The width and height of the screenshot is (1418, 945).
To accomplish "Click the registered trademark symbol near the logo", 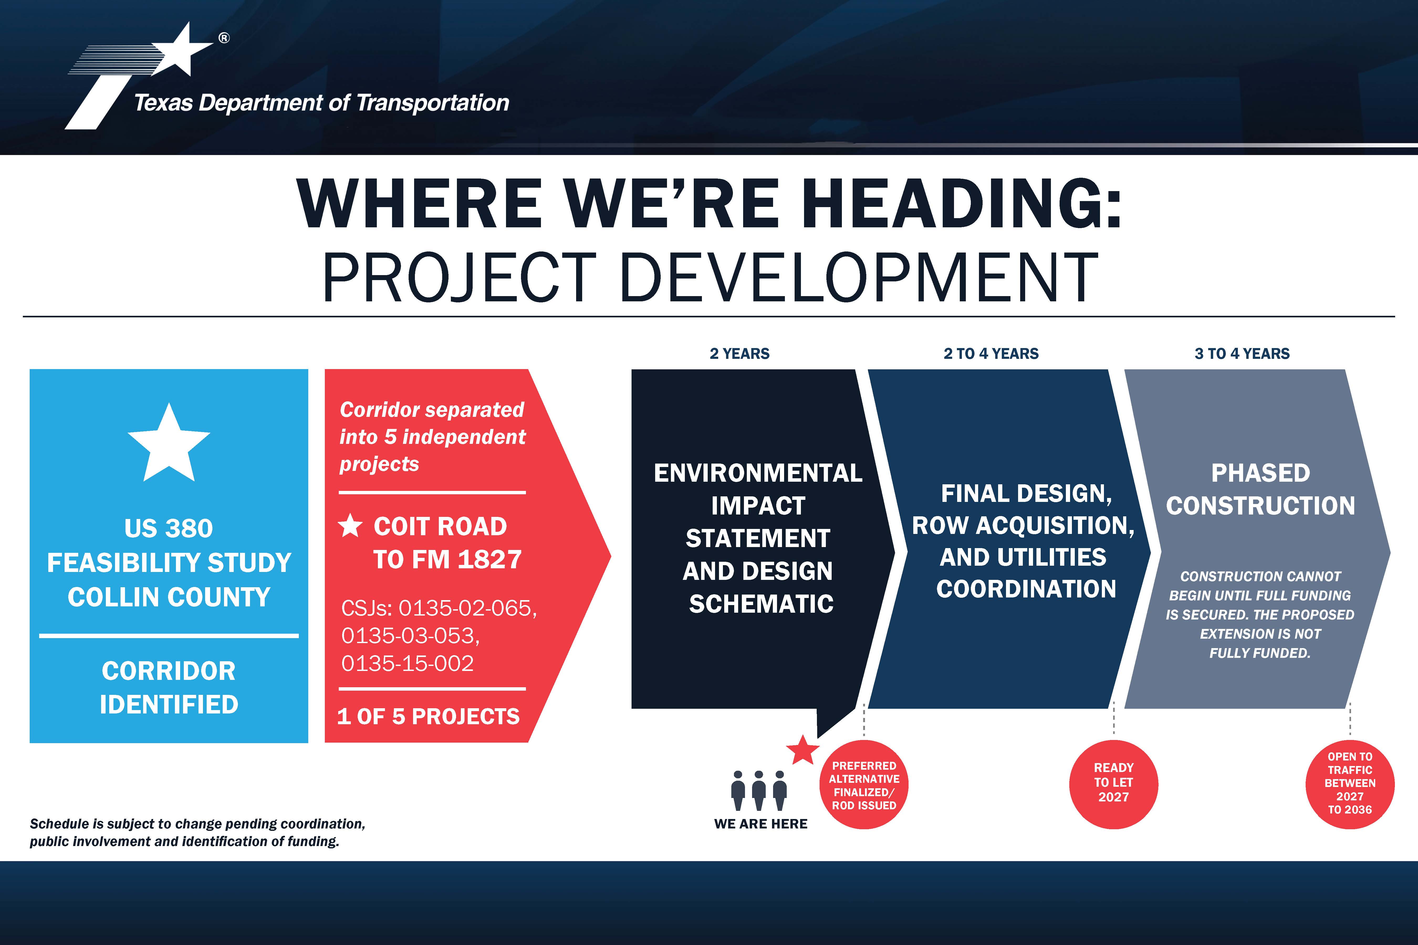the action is point(224,38).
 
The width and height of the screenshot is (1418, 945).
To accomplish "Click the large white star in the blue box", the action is point(169,443).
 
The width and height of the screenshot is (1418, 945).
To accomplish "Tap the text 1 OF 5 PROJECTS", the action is point(428,716).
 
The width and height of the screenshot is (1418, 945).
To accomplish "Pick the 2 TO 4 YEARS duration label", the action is point(991,354).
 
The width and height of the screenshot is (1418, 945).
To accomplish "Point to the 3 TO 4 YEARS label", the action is point(1242,354).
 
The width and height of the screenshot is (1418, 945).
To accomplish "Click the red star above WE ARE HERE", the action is point(802,750).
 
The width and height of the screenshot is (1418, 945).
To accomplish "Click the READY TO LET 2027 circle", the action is point(1114,785).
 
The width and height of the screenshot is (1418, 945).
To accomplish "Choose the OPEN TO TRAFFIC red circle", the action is point(1350,785).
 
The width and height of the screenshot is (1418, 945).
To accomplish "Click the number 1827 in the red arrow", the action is point(489,559).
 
